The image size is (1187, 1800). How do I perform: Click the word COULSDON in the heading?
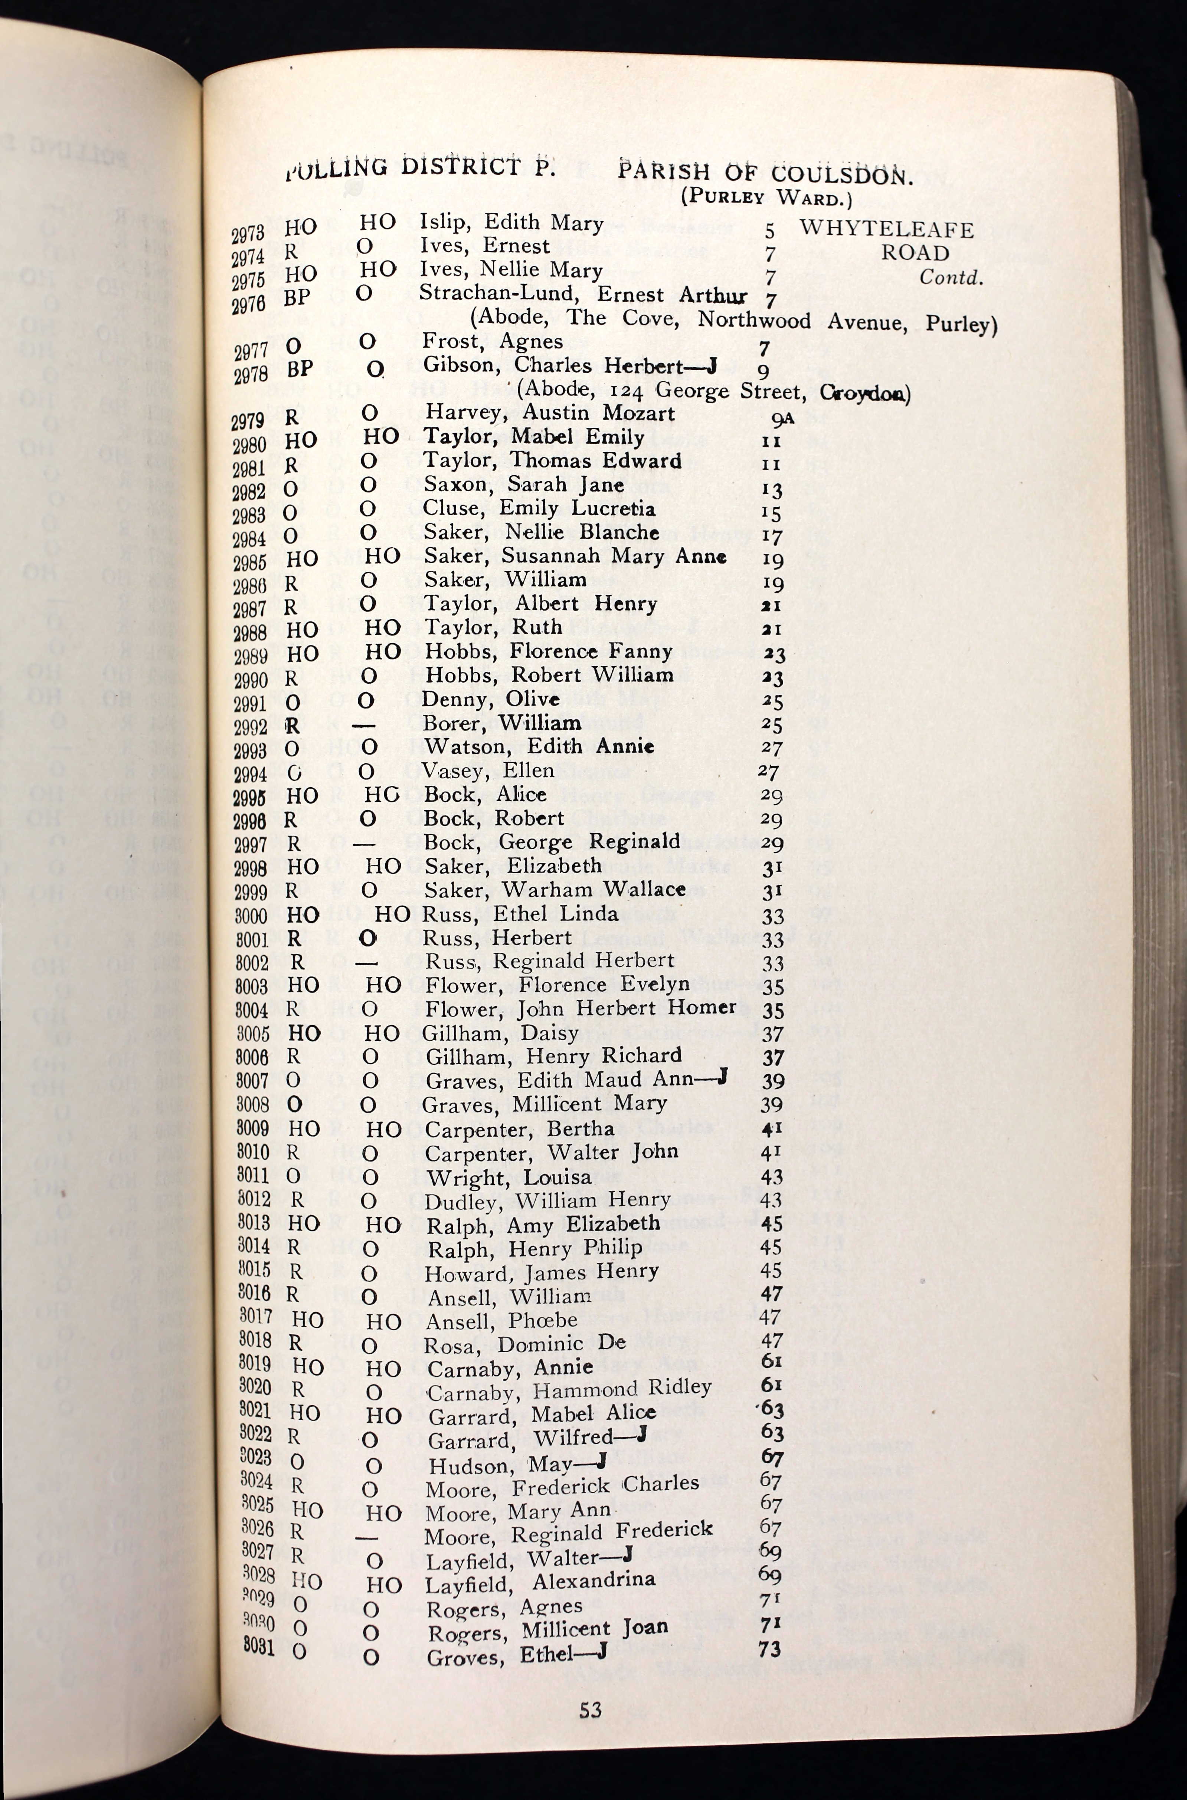(x=842, y=175)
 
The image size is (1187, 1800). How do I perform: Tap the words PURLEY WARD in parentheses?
(x=766, y=198)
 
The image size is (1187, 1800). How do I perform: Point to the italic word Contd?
(x=951, y=277)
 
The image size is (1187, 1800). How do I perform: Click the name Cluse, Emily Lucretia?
(x=539, y=509)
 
